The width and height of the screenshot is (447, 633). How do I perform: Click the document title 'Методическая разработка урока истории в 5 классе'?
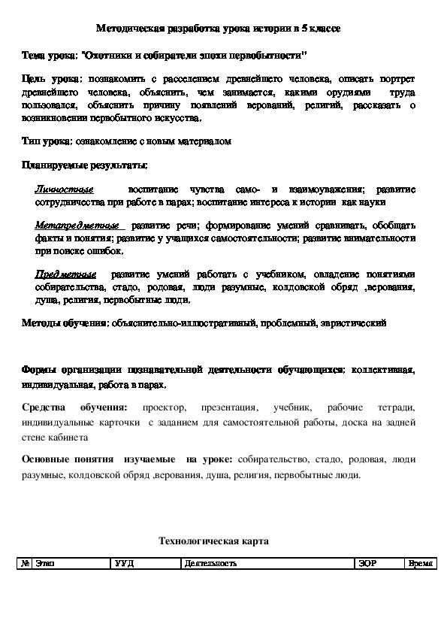pos(223,29)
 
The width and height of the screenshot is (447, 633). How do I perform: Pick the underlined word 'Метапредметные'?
pos(77,225)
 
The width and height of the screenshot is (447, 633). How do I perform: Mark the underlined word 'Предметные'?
pos(65,274)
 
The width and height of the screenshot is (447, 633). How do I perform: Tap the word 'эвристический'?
pos(357,323)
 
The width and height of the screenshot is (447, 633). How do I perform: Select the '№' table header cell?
pos(27,563)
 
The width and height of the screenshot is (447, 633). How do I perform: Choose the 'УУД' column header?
pos(125,563)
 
